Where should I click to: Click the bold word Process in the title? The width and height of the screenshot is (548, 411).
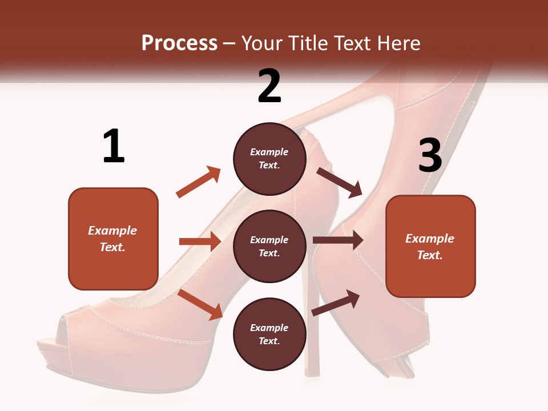tap(179, 43)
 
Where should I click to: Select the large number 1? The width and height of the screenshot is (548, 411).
tap(114, 147)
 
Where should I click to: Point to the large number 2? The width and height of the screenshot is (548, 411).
tap(269, 86)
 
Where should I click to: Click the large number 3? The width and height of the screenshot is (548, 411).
tap(430, 155)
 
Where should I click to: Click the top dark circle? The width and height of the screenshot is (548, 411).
tap(269, 159)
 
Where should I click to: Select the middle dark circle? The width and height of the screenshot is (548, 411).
tap(269, 246)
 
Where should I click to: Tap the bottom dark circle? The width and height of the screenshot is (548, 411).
tap(269, 334)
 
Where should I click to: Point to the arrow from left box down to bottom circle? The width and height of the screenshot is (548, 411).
tap(200, 304)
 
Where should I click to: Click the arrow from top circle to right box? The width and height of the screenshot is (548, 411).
tap(340, 182)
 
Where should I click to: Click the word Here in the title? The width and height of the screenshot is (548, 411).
tap(397, 43)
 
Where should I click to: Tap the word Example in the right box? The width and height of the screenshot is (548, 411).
tap(430, 239)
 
